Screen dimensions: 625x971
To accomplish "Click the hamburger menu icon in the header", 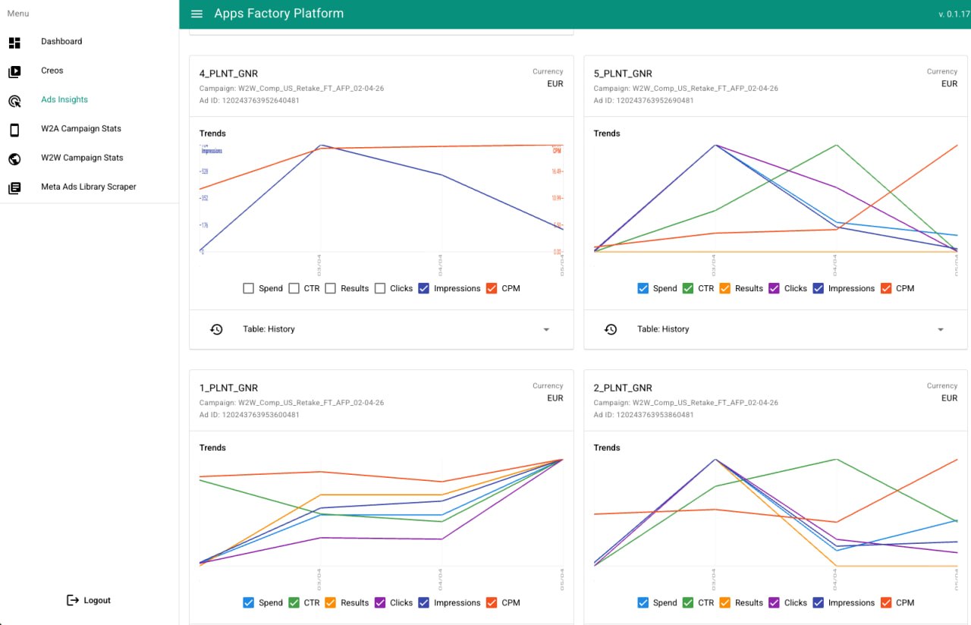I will tap(197, 14).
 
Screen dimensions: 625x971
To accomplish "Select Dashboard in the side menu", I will tap(61, 42).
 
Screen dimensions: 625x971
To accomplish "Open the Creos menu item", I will tap(52, 71).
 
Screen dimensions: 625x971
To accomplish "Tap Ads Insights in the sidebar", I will tap(64, 99).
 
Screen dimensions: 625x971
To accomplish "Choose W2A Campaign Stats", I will tap(81, 129).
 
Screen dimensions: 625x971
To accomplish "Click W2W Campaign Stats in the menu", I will tap(82, 158).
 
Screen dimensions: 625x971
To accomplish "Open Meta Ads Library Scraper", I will tap(89, 187).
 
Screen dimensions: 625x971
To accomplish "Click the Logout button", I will tap(89, 600).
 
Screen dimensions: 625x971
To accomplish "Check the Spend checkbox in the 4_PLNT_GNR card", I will tap(248, 288).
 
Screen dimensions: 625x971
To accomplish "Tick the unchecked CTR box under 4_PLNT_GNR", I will tap(294, 288).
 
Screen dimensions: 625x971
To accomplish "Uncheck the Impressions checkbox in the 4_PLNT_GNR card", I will tap(424, 288).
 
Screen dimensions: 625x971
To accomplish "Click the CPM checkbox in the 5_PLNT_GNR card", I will tap(886, 288).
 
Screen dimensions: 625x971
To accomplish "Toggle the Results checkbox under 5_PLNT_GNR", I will tap(724, 288).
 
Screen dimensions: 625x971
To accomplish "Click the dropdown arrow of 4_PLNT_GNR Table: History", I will tap(546, 329).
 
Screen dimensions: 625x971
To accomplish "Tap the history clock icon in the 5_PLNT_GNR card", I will tap(611, 329).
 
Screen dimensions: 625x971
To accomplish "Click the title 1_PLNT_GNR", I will tap(228, 388).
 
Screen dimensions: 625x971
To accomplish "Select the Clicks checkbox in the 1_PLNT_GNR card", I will tap(381, 603).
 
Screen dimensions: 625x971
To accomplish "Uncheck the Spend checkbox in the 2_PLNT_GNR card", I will tap(643, 603).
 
